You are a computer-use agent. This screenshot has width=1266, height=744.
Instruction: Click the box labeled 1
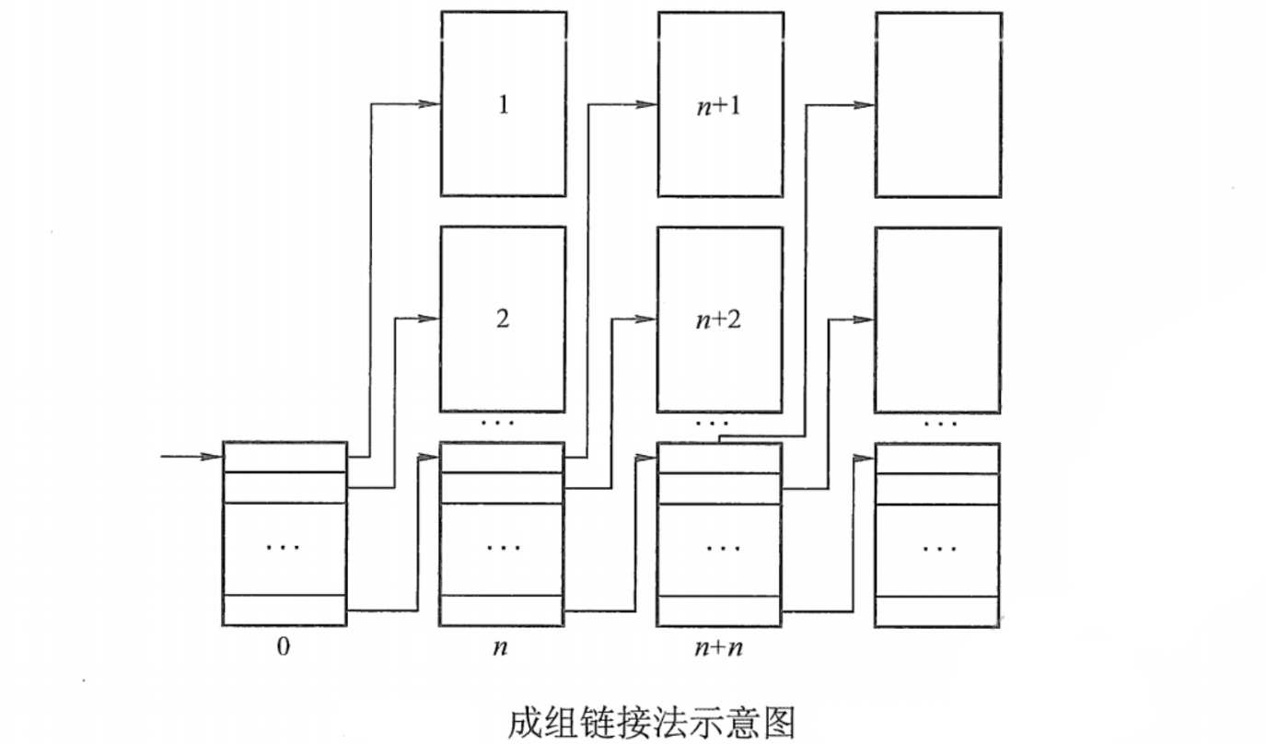pos(503,104)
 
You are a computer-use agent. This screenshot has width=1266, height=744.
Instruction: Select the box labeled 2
pos(503,319)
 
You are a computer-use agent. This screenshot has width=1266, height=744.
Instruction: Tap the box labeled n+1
pos(720,104)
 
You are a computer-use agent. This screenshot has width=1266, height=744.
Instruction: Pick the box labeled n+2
pos(720,319)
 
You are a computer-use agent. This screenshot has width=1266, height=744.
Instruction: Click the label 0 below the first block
pos(284,646)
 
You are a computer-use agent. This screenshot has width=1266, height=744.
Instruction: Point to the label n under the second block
pos(500,647)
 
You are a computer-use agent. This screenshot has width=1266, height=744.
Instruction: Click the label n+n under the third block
pos(719,647)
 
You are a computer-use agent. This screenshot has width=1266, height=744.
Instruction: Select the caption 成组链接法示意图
pos(651,722)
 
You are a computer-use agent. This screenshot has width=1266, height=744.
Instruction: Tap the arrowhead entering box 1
pos(430,104)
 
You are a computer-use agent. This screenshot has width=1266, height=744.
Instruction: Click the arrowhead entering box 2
pos(430,319)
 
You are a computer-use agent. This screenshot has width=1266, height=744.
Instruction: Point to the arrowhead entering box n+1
pos(647,104)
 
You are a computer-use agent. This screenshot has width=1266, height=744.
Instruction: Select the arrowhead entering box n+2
pos(647,319)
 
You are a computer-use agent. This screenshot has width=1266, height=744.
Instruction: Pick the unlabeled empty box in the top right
pos(937,104)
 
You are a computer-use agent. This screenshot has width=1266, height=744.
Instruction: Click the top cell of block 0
pos(285,458)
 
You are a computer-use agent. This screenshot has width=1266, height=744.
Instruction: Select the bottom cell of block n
pos(502,610)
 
